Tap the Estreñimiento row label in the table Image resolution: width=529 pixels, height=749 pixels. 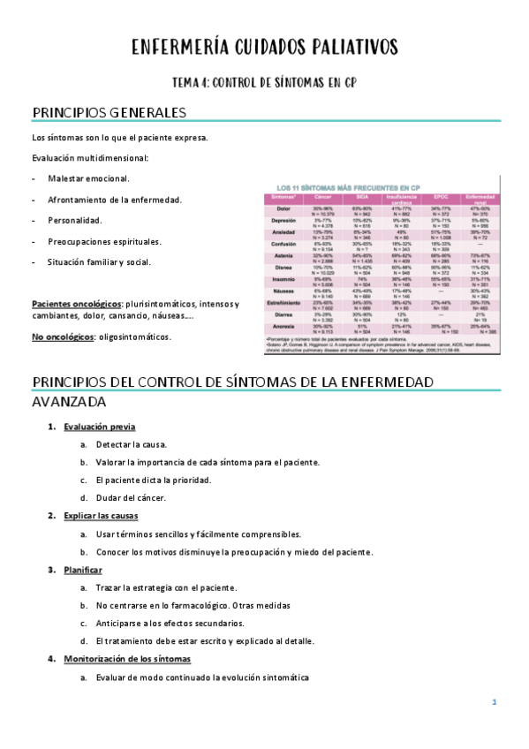pos(283,303)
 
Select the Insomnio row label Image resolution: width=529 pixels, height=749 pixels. pos(283,279)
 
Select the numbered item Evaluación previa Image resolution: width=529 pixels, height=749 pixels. pos(99,427)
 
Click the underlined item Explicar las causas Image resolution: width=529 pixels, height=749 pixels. pos(101,515)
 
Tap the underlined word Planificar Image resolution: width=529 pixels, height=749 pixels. pos(83,570)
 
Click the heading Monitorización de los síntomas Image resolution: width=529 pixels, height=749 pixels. pos(127,659)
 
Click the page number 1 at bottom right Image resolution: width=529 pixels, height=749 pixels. pos(495,702)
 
